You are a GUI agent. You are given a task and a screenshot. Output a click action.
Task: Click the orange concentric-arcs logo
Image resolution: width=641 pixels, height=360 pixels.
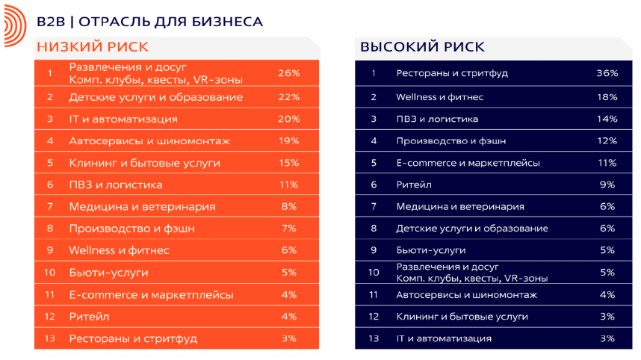(x=16, y=25)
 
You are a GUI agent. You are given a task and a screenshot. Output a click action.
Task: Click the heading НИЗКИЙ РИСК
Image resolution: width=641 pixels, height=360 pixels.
(x=93, y=47)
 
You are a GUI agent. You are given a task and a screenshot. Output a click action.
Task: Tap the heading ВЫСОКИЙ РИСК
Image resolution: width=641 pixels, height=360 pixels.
(x=422, y=47)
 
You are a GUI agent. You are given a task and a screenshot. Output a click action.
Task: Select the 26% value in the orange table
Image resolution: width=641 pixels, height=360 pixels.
(x=289, y=73)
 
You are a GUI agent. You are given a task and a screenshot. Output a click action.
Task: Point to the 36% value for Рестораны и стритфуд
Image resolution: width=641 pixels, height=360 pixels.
(x=607, y=73)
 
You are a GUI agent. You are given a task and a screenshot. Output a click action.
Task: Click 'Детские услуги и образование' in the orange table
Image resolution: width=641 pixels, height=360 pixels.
(x=155, y=97)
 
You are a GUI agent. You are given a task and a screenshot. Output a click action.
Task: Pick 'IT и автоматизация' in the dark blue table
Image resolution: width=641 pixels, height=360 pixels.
(x=444, y=338)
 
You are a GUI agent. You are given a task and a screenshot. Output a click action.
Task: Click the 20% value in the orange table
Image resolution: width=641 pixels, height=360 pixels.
(x=289, y=119)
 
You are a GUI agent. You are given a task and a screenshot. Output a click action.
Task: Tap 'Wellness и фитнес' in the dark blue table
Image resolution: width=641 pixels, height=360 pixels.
(x=439, y=97)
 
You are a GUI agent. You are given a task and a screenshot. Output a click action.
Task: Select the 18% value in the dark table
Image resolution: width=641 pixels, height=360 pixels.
(x=607, y=97)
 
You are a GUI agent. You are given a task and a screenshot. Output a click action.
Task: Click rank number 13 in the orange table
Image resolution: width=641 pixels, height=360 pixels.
(x=49, y=338)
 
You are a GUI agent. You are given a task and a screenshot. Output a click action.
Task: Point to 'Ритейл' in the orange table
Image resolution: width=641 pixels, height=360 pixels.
(x=89, y=317)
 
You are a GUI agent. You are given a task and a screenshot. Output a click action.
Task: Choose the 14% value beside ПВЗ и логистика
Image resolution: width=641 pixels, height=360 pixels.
(x=607, y=119)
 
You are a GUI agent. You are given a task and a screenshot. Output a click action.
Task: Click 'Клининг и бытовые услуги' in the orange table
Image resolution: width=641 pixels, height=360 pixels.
(x=145, y=163)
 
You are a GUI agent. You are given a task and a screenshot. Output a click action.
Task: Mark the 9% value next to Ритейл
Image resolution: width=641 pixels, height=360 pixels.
(x=607, y=184)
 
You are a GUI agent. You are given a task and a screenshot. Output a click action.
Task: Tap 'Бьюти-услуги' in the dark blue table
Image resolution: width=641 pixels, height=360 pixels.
(x=431, y=250)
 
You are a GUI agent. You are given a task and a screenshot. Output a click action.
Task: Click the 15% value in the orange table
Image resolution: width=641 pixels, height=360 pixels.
(x=289, y=163)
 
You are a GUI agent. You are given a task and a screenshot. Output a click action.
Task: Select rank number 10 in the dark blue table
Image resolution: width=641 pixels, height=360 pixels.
(x=374, y=272)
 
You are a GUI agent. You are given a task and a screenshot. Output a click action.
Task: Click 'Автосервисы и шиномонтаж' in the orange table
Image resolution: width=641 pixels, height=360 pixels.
(x=149, y=141)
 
